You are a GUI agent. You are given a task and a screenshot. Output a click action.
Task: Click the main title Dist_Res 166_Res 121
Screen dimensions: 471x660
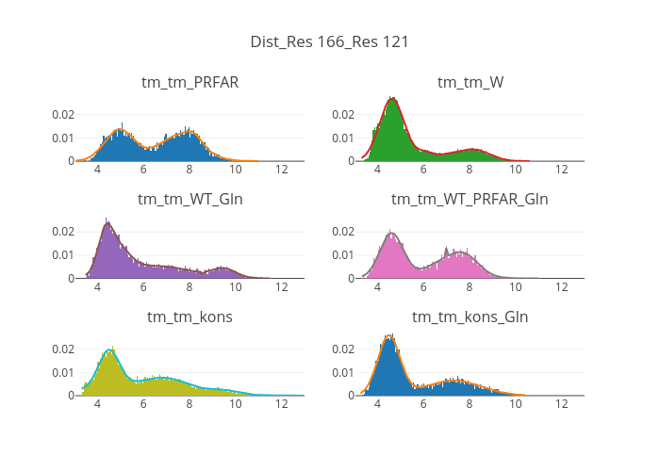[329, 41]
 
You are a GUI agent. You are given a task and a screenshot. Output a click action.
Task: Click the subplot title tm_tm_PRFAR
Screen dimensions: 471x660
[190, 82]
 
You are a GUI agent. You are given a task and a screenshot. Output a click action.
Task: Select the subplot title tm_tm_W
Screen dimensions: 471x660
[470, 82]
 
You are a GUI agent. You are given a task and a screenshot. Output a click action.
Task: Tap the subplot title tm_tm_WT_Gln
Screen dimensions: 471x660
[190, 199]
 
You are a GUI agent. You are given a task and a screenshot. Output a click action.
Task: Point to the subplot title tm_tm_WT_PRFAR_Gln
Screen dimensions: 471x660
[470, 199]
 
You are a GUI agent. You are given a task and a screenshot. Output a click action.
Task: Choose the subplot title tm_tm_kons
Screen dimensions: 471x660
[190, 317]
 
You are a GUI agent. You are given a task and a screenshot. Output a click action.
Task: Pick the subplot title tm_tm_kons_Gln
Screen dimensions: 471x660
[470, 317]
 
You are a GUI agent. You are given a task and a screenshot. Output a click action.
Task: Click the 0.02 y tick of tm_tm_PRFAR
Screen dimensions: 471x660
[62, 115]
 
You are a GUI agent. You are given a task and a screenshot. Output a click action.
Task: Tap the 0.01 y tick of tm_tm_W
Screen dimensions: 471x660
[342, 138]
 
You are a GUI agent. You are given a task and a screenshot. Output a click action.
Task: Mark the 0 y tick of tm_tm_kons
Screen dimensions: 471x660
[70, 396]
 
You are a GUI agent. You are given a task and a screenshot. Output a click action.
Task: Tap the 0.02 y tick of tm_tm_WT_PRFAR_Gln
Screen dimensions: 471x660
[342, 232]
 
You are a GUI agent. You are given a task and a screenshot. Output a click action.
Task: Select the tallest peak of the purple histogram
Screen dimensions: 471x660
[108, 222]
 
